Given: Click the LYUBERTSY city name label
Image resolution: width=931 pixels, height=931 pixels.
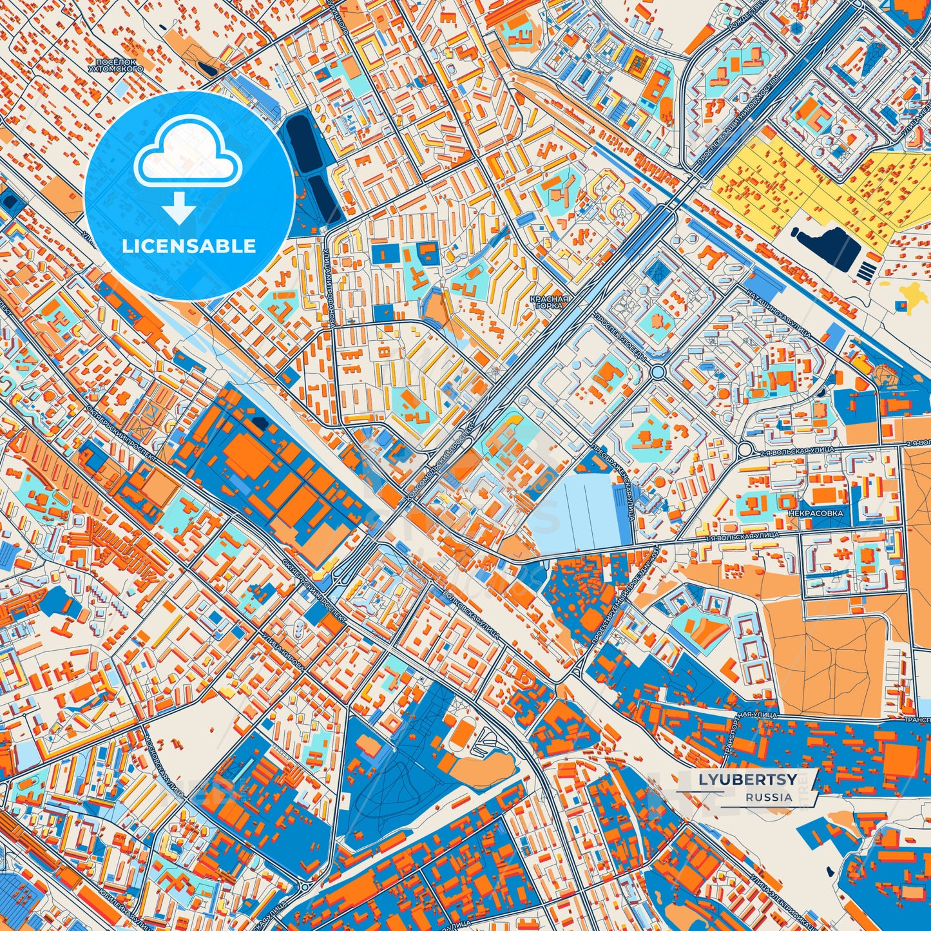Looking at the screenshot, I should pyautogui.click(x=747, y=779).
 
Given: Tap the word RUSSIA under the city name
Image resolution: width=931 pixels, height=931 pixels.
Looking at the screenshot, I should pyautogui.click(x=769, y=797).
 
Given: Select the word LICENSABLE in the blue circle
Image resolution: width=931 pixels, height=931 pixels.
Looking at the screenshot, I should pyautogui.click(x=190, y=246).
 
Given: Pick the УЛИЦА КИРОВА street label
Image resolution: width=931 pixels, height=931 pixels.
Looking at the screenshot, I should pyautogui.click(x=282, y=654).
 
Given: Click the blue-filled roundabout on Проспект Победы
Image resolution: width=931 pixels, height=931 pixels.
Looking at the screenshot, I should pyautogui.click(x=658, y=372).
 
